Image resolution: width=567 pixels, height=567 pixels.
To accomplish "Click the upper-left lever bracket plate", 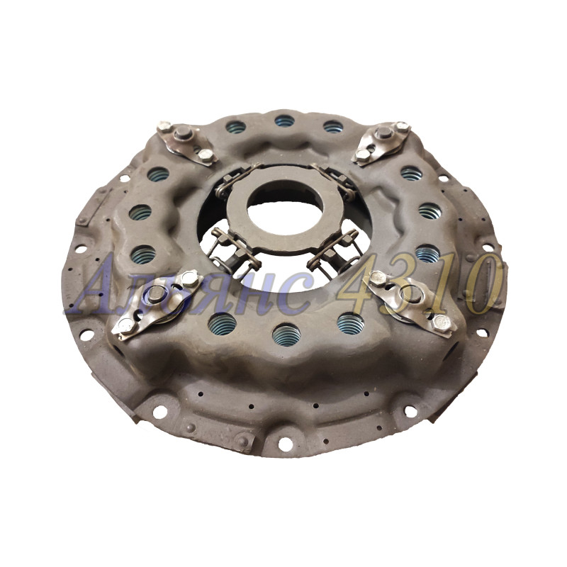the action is tap(187, 144).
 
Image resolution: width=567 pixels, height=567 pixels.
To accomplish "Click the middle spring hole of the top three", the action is tap(284, 120).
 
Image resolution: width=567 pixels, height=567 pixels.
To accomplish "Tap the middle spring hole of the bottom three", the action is tap(286, 335).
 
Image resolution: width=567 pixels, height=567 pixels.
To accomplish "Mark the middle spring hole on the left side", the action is tap(140, 212).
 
